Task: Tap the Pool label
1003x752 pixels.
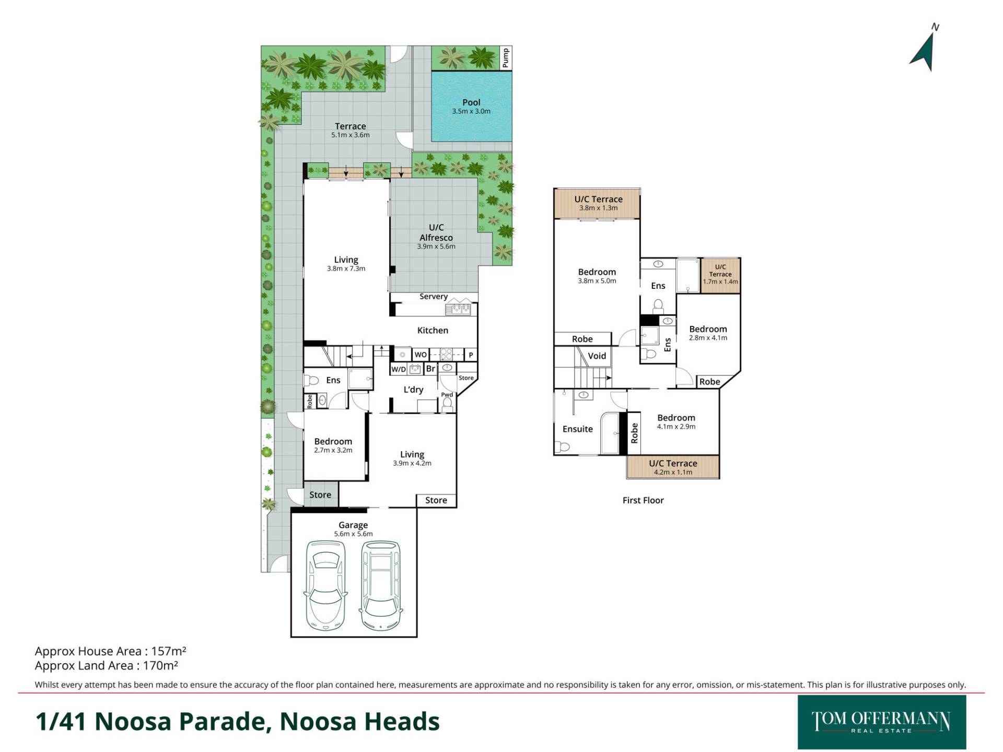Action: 471,102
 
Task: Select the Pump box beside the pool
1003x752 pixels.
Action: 505,58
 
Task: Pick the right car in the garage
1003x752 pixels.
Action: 381,584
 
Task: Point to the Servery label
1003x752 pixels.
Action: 434,297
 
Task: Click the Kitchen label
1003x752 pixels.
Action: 433,330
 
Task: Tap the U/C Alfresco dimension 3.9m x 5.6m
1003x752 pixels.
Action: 436,246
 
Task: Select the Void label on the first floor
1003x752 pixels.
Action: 597,356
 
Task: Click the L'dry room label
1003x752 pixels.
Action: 413,390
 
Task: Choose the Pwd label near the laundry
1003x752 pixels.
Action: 447,395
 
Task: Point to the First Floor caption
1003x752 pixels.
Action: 643,500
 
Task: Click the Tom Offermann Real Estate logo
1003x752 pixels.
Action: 882,722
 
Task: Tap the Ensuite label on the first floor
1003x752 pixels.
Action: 578,429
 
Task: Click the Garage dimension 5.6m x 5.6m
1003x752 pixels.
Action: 354,534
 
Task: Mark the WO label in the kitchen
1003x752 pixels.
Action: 421,355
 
